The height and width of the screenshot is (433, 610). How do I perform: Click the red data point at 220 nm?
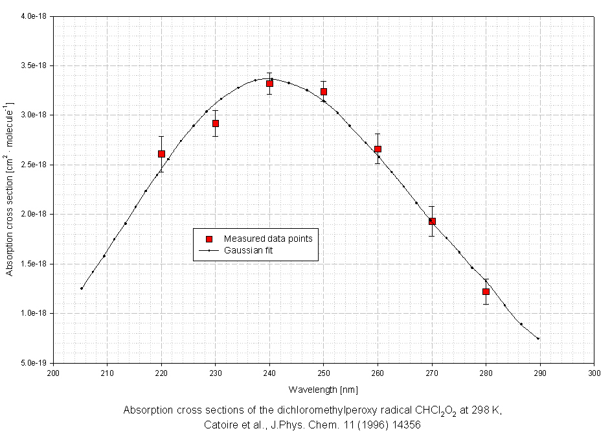click(161, 154)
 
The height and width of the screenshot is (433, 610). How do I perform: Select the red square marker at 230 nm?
click(216, 123)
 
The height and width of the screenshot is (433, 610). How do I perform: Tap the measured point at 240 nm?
click(269, 84)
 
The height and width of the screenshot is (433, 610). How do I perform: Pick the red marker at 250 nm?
click(324, 91)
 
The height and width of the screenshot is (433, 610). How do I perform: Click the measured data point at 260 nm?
click(378, 149)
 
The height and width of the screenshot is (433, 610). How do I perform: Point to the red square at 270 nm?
click(432, 221)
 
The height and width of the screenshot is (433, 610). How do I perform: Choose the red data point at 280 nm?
click(486, 292)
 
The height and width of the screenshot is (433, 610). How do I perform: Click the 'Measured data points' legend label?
click(268, 239)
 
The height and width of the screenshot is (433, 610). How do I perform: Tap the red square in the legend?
click(209, 239)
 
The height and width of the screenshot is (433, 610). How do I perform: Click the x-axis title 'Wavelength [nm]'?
click(324, 390)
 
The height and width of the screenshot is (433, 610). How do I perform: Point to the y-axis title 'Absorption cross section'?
click(10, 188)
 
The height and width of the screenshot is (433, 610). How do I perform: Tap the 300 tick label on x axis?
click(594, 373)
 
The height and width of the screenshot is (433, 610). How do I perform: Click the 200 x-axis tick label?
click(54, 373)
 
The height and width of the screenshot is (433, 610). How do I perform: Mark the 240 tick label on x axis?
click(270, 373)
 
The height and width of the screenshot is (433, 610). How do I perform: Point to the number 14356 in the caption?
click(406, 425)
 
